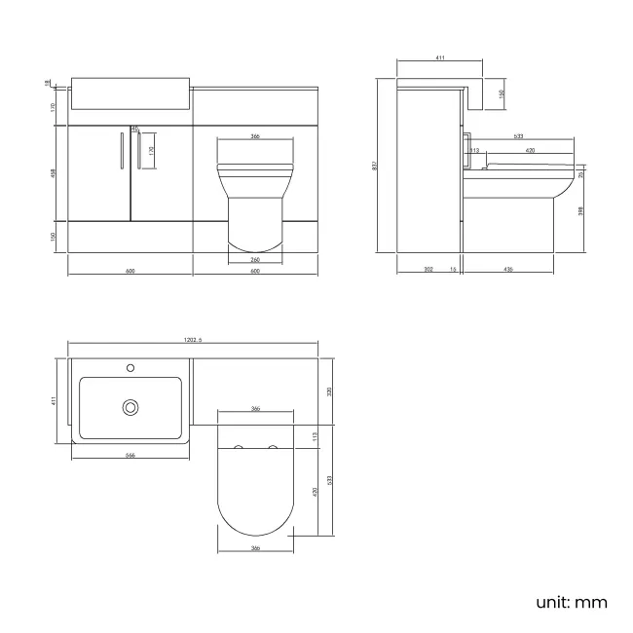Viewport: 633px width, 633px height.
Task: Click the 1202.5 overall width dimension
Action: tap(192, 340)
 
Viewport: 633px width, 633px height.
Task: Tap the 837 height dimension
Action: tap(375, 166)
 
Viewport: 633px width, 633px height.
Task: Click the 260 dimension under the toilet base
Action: tap(254, 259)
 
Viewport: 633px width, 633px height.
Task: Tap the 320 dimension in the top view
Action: tap(330, 391)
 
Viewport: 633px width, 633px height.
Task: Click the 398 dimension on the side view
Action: tap(582, 211)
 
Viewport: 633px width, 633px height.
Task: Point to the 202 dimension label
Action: tap(428, 270)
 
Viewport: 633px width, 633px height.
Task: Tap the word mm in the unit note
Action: tap(590, 602)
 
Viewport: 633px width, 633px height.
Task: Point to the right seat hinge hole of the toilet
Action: tap(272, 448)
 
